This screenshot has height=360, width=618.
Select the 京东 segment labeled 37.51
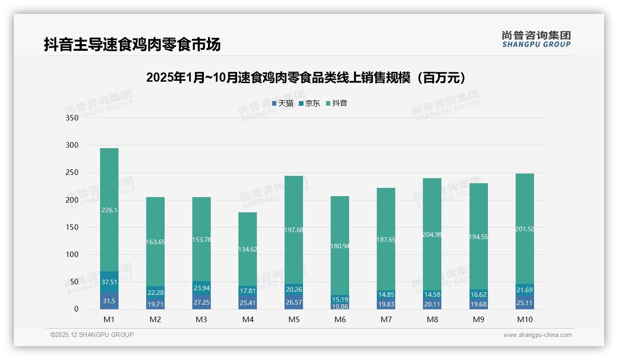click(109, 282)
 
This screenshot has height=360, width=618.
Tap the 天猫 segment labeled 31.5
click(109, 301)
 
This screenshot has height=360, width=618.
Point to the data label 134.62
click(248, 249)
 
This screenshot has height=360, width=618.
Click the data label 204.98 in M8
click(432, 234)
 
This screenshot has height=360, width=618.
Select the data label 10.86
click(340, 306)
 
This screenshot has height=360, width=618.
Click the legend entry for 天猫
click(283, 103)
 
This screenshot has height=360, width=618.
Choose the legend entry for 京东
click(309, 103)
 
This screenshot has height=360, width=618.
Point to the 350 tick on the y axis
click(72, 118)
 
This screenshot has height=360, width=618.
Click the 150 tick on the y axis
click(72, 228)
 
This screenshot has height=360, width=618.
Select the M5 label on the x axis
click(294, 319)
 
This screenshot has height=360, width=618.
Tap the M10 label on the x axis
click(524, 319)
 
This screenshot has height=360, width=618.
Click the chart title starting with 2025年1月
click(308, 78)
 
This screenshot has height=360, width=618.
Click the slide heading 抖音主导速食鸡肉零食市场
click(132, 44)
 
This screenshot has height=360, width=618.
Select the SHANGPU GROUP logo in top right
click(536, 39)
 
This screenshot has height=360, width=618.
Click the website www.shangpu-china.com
click(537, 335)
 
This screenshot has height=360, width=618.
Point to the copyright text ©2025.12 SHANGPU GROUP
click(92, 335)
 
